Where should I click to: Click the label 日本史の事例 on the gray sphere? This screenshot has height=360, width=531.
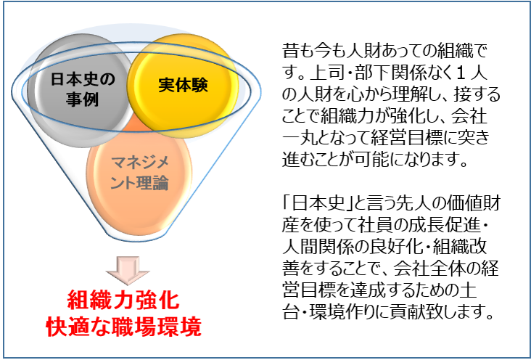(83, 89)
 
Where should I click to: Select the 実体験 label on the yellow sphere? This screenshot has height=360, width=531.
(183, 85)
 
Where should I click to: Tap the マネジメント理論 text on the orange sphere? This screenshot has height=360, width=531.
(139, 173)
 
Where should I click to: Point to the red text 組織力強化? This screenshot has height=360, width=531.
(123, 300)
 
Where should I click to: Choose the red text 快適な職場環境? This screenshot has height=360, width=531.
(123, 327)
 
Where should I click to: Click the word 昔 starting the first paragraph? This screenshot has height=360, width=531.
(291, 52)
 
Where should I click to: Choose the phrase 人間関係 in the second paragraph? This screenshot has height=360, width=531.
(317, 247)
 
